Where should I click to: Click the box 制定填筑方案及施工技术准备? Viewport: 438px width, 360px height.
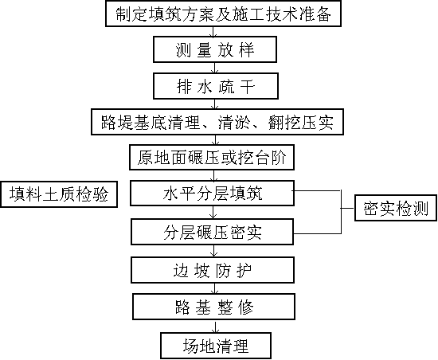coord(223,14)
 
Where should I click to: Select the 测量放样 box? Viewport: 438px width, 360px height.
coord(215,49)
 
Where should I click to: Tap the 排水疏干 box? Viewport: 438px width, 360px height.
coord(216,86)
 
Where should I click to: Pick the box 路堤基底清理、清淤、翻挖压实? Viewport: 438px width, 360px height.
coord(217,122)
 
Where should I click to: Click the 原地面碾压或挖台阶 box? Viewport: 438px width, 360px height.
coord(212,157)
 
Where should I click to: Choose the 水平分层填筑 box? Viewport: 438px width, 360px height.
coord(212,194)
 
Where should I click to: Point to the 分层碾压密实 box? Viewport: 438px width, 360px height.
coord(213,232)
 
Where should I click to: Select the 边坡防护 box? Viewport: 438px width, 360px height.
coord(213,270)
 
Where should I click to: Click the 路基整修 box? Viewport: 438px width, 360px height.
coord(213,307)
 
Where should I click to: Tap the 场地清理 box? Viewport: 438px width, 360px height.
coord(216,346)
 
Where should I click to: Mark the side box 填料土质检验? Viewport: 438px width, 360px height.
coord(59,194)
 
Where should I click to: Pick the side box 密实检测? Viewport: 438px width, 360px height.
coord(396,208)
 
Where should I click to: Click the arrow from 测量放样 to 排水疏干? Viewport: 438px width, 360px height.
coord(215,68)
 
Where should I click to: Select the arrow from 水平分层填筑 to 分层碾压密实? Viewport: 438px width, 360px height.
coord(213,213)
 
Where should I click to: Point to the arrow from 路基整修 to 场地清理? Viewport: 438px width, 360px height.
coord(215,326)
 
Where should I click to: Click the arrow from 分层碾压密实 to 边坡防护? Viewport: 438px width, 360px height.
coord(214,251)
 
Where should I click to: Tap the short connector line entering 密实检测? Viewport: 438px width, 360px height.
coord(347,208)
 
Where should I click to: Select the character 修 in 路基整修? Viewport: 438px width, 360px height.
coord(245,307)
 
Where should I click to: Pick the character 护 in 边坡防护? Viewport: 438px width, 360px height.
coord(244,270)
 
